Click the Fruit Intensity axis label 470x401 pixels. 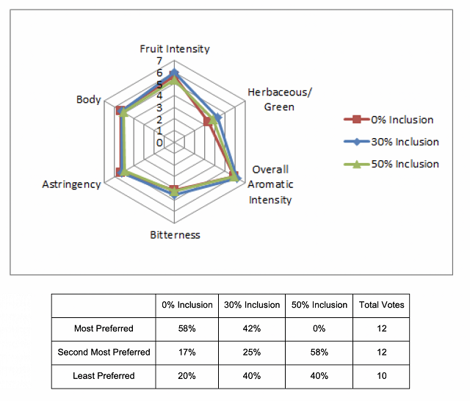(x=175, y=49)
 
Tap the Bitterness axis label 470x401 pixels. (x=175, y=235)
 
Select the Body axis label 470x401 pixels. (x=88, y=100)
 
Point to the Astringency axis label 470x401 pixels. (x=71, y=184)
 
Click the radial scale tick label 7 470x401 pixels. (x=159, y=61)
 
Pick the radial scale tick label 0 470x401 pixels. (x=159, y=142)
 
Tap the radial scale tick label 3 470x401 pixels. (x=159, y=107)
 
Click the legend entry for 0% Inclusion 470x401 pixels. (x=388, y=120)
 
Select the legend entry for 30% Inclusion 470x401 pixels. (x=391, y=142)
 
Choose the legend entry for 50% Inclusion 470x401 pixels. (x=391, y=164)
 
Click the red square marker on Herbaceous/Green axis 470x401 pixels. (x=207, y=122)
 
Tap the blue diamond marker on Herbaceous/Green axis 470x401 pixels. (x=218, y=118)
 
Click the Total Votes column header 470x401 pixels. (x=382, y=305)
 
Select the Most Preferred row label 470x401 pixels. (x=104, y=328)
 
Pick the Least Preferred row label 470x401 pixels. (x=104, y=376)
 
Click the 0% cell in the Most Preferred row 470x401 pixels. (x=319, y=328)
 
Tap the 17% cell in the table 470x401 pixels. (x=187, y=352)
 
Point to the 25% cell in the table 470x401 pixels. (x=252, y=352)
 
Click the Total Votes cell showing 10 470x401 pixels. (x=382, y=376)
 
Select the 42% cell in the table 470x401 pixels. (x=252, y=328)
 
